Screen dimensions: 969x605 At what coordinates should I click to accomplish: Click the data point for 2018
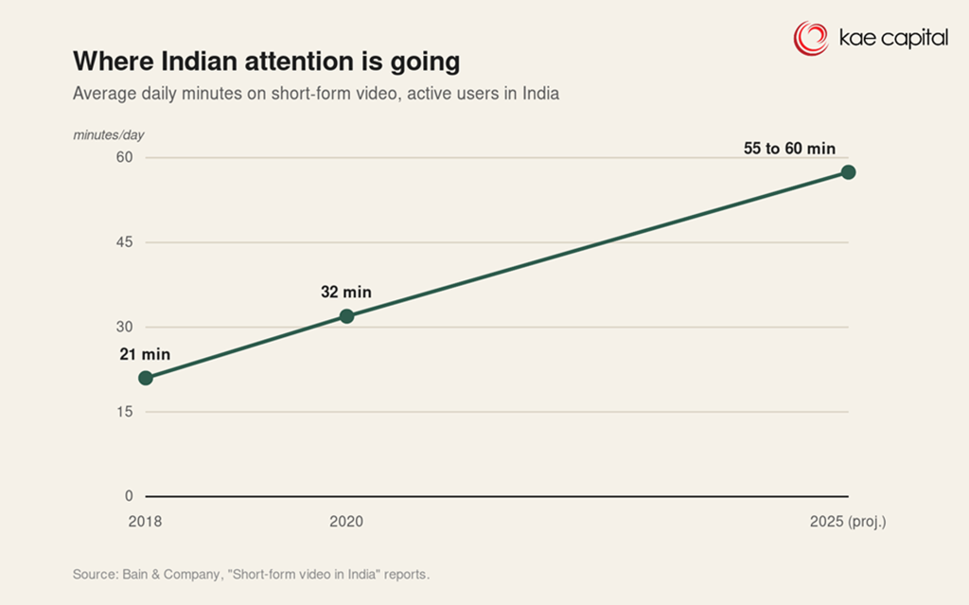[146, 378]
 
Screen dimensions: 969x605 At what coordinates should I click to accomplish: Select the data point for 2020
[346, 316]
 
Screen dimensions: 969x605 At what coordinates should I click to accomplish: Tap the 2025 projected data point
[849, 172]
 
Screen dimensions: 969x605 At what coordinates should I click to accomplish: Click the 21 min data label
[145, 354]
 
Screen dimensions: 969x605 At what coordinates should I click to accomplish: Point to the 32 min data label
[346, 292]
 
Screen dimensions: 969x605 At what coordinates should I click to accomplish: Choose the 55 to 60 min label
[789, 149]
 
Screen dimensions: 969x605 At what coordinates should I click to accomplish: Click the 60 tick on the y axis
[124, 157]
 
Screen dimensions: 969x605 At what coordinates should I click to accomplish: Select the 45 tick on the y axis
[124, 241]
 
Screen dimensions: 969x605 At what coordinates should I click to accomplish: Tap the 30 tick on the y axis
[124, 327]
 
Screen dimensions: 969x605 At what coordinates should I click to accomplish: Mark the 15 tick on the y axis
[124, 411]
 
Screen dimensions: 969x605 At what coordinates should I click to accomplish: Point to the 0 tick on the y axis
[129, 495]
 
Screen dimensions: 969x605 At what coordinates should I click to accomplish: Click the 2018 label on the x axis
[145, 522]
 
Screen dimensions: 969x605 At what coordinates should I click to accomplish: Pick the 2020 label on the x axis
[346, 522]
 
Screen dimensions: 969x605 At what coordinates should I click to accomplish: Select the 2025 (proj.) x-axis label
[848, 522]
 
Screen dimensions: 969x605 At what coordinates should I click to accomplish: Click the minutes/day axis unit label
[109, 134]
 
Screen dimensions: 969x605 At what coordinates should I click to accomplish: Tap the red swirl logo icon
[811, 39]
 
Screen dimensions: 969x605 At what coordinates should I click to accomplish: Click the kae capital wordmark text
[893, 38]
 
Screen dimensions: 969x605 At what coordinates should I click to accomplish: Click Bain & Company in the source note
[170, 574]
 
